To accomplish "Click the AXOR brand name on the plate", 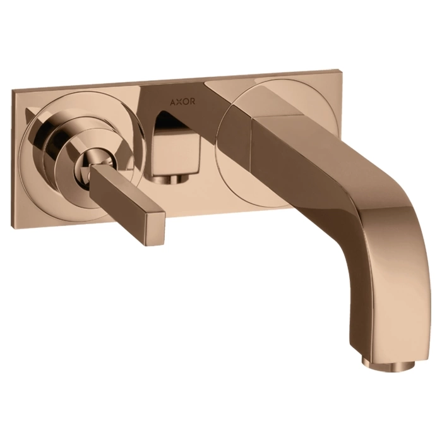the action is pyautogui.click(x=182, y=102).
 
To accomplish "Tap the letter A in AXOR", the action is pyautogui.click(x=172, y=102).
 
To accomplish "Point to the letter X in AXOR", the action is pyautogui.click(x=179, y=102).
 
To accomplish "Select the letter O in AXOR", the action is pyautogui.click(x=185, y=102).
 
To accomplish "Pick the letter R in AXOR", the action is pyautogui.click(x=192, y=101).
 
